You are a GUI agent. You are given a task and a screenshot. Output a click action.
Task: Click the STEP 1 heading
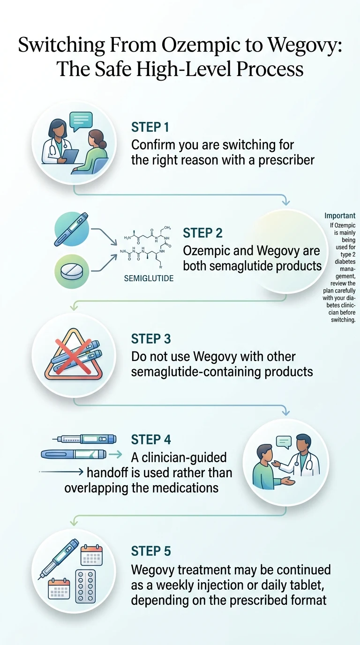coord(150,127)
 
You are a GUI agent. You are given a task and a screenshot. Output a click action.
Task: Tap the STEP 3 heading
coord(151,338)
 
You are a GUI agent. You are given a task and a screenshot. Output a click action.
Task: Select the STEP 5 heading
coord(151,550)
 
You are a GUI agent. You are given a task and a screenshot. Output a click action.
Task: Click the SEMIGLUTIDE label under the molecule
coord(149,278)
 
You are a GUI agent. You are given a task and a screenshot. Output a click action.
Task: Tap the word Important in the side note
coord(340,216)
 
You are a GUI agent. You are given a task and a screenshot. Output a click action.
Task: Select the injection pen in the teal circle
coord(72,230)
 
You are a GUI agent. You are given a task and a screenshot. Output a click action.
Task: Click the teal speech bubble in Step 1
coord(81,121)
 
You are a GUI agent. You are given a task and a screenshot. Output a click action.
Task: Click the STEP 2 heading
coord(202,233)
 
